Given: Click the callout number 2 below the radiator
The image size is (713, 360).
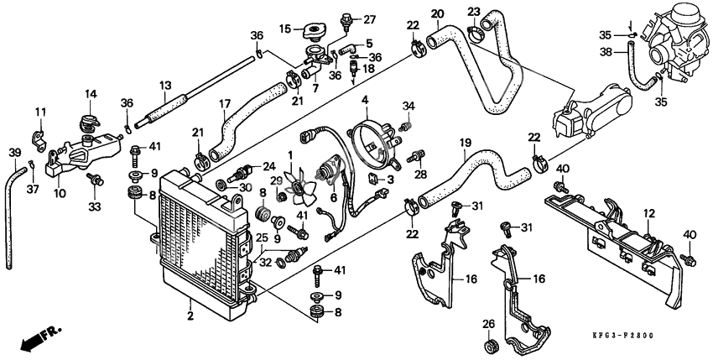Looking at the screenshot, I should click(190, 316).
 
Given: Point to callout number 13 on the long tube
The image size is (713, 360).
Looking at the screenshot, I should click(165, 86).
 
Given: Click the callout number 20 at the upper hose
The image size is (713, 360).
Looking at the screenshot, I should click(437, 13).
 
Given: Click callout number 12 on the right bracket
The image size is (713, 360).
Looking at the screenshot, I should click(647, 215).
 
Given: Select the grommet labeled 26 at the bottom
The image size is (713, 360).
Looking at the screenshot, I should click(489, 346).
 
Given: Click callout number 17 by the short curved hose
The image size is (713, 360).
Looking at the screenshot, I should click(224, 104).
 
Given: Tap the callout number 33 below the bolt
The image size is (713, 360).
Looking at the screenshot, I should click(94, 206).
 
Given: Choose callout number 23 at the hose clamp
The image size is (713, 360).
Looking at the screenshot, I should click(473, 11).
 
